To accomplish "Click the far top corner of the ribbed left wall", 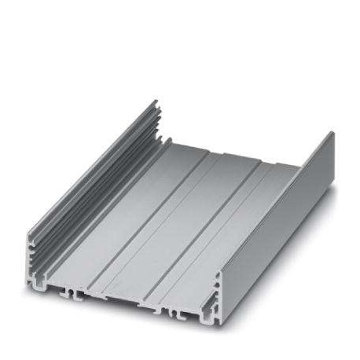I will (x=156, y=101).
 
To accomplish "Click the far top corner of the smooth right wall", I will (x=332, y=133).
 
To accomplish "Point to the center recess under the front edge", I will (x=126, y=303).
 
